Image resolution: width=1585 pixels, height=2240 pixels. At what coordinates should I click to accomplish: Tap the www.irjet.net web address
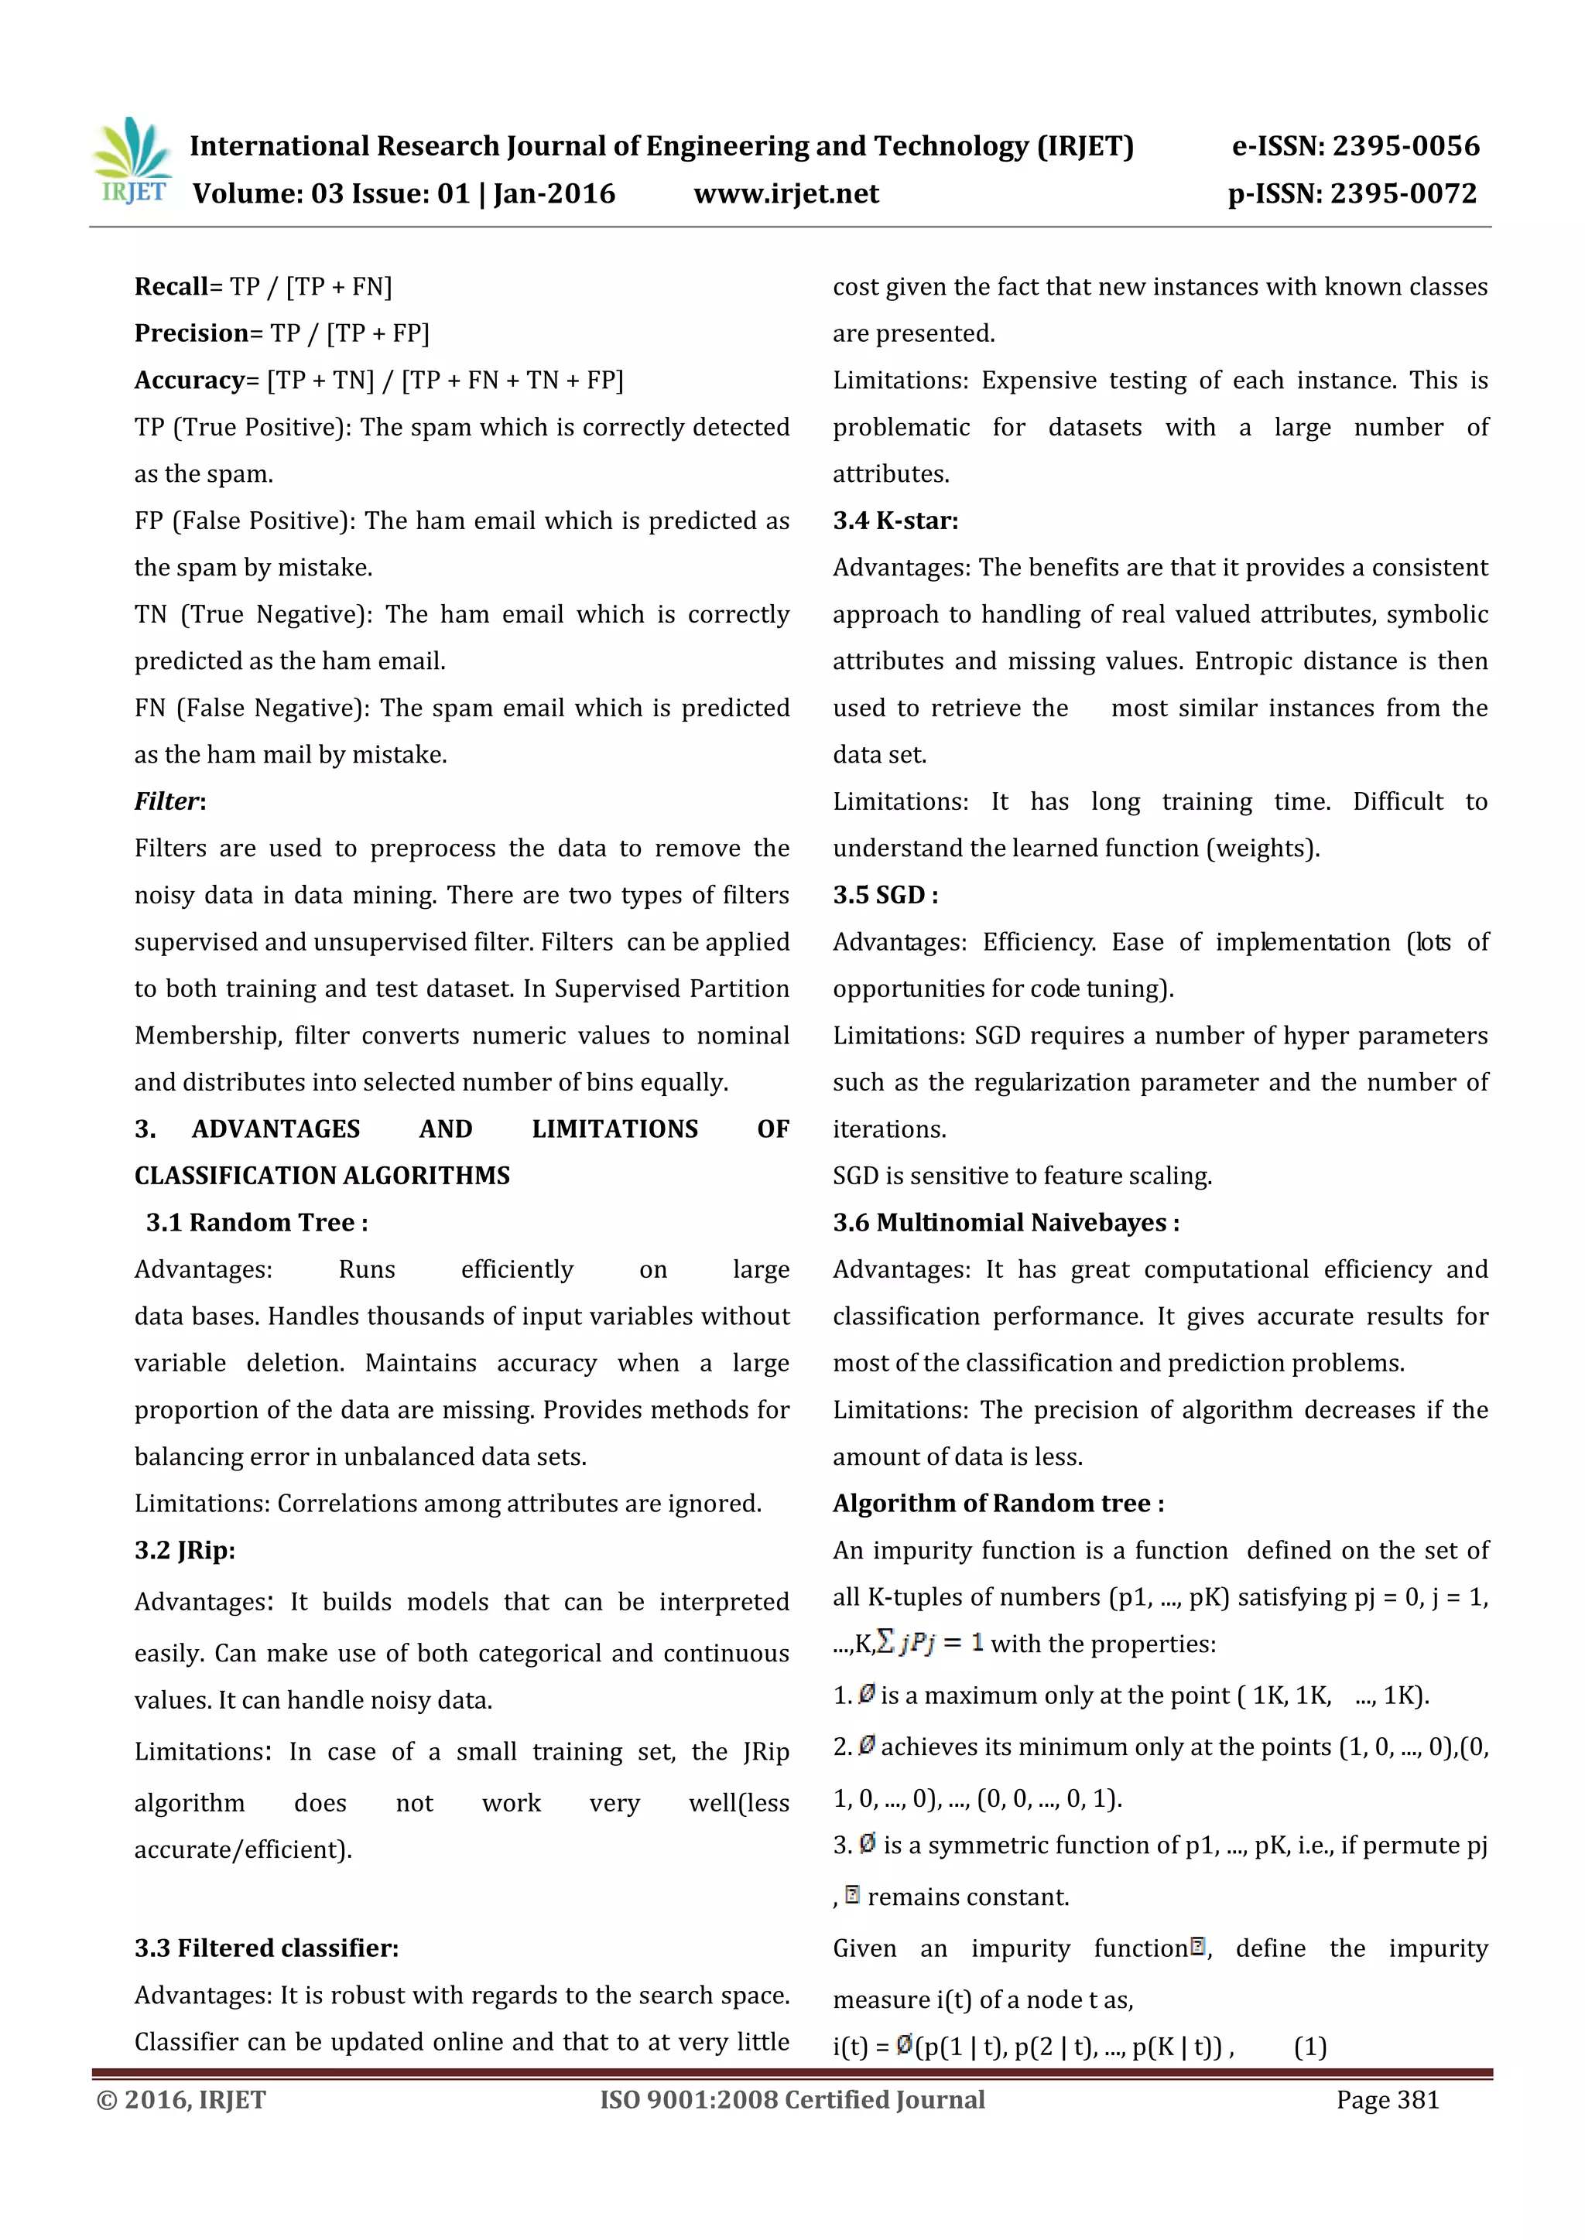coord(786,194)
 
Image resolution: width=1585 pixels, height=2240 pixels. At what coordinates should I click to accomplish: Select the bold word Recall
coord(171,287)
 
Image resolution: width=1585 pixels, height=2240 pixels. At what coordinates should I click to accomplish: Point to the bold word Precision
coord(191,333)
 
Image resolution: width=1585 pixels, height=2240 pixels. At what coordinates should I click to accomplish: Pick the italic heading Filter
coord(169,802)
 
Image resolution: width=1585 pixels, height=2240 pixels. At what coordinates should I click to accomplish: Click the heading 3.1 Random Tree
coord(257,1222)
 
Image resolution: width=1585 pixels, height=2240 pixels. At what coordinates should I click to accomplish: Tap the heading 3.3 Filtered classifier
coord(266,1948)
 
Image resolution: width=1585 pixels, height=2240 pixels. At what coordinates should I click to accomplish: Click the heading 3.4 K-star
coord(895,521)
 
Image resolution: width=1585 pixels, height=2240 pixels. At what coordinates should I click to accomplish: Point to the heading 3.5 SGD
coord(885,896)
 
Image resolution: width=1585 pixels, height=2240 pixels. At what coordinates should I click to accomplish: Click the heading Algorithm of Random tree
coord(998,1504)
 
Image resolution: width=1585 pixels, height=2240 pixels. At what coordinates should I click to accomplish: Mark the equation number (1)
coord(1309,2047)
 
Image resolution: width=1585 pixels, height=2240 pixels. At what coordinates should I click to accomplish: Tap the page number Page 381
coord(1388,2099)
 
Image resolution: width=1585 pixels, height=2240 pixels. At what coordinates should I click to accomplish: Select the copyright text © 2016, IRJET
coord(182,2099)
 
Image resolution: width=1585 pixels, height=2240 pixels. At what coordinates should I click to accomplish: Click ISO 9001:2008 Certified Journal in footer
coord(792,2099)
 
